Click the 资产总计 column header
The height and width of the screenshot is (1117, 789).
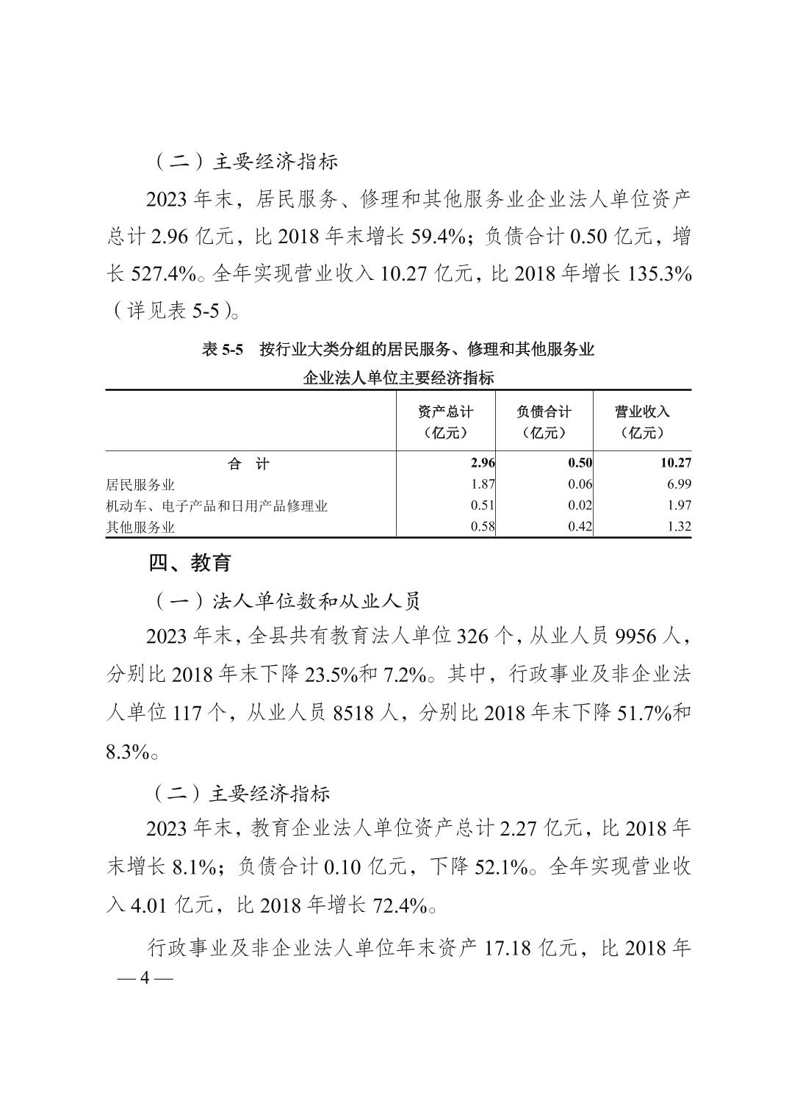(445, 421)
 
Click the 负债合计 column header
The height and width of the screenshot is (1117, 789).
(544, 421)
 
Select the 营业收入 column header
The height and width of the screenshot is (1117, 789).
(642, 421)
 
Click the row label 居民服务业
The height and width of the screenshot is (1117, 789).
(140, 485)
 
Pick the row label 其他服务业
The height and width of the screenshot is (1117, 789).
(140, 527)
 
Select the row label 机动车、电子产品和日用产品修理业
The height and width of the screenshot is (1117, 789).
(217, 506)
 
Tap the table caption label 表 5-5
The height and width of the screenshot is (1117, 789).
(222, 350)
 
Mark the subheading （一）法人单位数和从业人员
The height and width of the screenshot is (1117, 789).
(286, 602)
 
